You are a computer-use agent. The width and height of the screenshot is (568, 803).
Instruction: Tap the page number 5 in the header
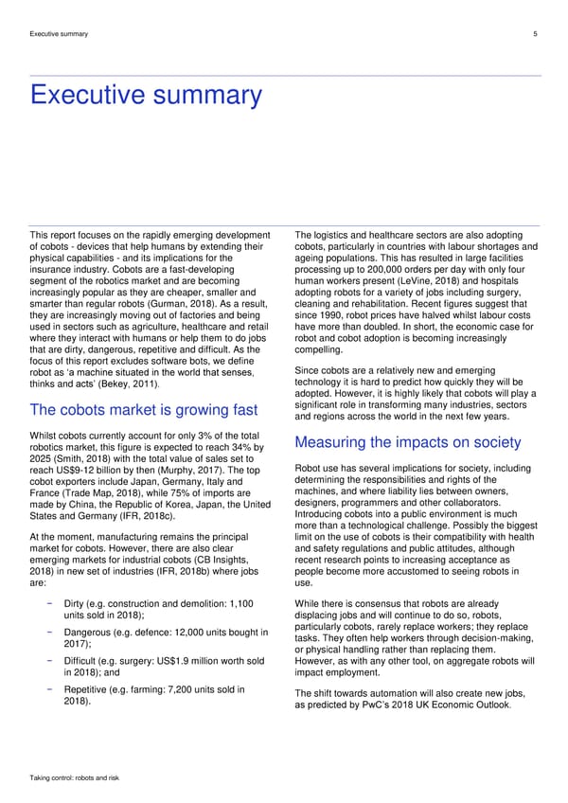pyautogui.click(x=536, y=34)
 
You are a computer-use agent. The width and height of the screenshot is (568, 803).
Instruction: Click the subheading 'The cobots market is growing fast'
pyautogui.click(x=144, y=410)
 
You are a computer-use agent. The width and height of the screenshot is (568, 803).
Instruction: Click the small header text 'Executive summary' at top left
pyautogui.click(x=60, y=34)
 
